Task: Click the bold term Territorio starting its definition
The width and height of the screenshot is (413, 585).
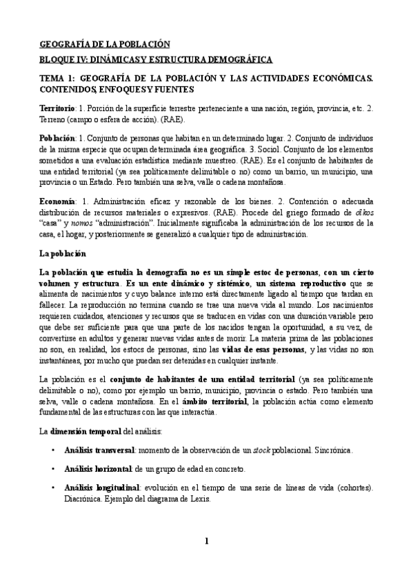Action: pos(58,110)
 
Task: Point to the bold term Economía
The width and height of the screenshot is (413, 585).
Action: pos(58,200)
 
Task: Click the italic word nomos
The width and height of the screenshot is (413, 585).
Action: pos(81,224)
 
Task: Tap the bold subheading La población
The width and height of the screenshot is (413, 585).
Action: pos(63,254)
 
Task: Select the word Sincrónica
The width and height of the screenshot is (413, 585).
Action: pos(332,450)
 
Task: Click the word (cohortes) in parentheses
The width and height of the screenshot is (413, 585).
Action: pos(349,488)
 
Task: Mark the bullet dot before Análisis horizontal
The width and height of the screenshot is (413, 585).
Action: pos(54,469)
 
